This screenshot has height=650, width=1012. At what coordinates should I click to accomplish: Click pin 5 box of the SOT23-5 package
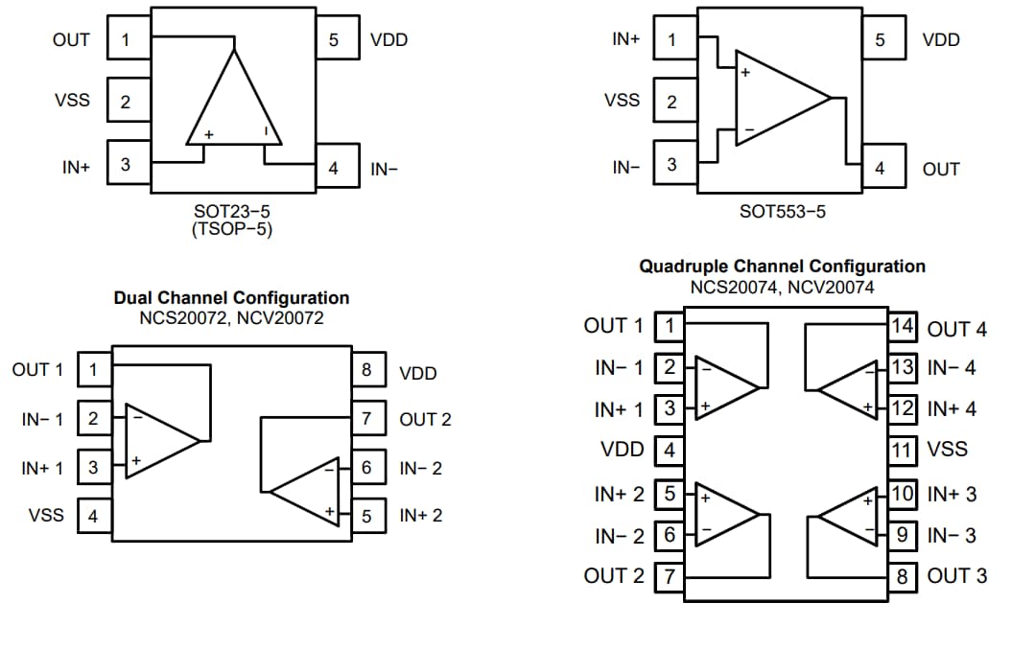coord(334,40)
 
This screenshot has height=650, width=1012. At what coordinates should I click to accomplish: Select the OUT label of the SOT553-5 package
coord(940,169)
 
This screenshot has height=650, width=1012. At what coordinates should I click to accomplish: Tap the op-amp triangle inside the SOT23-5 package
coord(234,105)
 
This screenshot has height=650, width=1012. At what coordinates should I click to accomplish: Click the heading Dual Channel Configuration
coord(231,298)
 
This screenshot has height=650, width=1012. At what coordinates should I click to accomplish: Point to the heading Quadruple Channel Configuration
coord(782,267)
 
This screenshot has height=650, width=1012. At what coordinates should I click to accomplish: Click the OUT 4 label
coord(956,329)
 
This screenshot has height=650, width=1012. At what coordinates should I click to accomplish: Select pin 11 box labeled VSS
coord(903,450)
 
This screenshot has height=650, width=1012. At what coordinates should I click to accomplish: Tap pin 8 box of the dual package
coord(366,370)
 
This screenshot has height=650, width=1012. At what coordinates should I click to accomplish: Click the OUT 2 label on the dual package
coord(425,419)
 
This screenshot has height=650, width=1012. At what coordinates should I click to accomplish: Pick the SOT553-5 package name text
coord(782,211)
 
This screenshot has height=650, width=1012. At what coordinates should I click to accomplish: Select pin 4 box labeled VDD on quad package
coord(670,450)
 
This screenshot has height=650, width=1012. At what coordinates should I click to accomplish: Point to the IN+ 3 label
coord(952,495)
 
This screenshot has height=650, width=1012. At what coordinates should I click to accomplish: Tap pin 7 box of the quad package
coord(670,576)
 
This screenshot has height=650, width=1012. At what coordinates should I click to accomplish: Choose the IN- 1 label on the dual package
coord(43,419)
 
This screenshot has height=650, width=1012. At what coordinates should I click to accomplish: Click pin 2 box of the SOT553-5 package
coord(671,102)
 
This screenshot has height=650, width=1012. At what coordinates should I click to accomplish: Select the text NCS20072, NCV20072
coord(231,317)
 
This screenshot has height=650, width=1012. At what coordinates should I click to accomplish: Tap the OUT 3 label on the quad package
coord(956,576)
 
